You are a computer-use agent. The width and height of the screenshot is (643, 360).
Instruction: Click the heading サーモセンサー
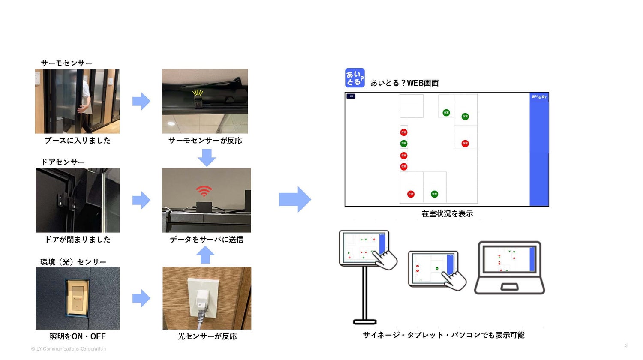66,63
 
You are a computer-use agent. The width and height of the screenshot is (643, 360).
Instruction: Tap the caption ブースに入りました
78,141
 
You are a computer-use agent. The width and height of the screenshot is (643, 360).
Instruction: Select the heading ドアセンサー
63,162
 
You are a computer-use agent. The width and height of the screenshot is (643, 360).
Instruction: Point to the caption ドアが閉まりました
78,240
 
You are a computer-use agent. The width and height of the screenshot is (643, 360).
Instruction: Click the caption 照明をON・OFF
78,336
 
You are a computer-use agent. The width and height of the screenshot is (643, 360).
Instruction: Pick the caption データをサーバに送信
207,240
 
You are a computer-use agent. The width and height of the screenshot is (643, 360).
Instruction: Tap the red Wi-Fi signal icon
204,191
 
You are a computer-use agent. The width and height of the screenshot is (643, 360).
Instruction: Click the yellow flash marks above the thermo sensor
198,92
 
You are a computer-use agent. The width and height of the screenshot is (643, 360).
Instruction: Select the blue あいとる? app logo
355,78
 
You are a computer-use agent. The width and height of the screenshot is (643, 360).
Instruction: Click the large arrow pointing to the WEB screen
295,199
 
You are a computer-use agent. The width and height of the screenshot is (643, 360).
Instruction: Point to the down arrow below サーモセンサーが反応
207,157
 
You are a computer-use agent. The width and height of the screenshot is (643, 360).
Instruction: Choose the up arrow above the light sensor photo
205,255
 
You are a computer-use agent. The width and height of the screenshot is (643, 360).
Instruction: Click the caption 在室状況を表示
447,213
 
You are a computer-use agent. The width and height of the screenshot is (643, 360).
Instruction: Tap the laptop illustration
509,268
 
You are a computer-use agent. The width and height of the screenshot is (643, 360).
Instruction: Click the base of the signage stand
364,321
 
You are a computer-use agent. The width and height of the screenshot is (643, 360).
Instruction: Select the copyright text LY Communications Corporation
69,349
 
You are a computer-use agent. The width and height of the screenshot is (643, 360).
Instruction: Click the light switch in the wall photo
78,297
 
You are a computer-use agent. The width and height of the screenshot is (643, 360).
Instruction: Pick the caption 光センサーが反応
207,336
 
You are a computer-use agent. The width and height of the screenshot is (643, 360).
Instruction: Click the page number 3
626,345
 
